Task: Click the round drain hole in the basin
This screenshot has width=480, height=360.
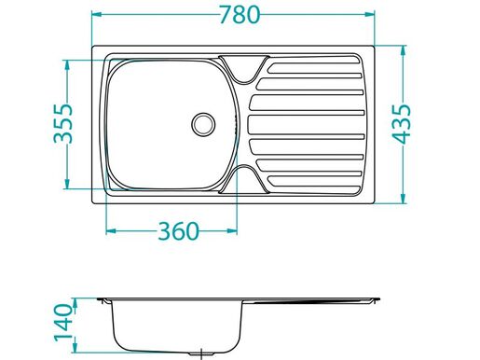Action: (202, 122)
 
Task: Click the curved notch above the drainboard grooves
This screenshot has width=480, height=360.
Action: (244, 66)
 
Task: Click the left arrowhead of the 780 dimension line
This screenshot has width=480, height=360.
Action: (97, 16)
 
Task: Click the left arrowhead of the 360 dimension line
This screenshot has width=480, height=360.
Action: (110, 230)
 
